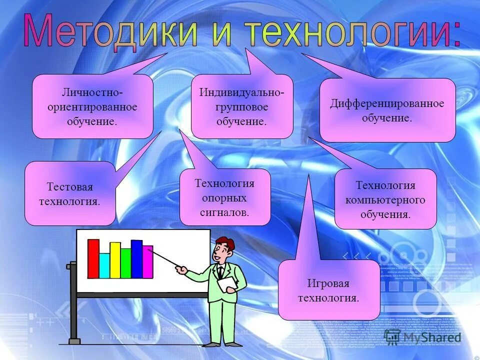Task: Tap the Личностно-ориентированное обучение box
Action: point(92,106)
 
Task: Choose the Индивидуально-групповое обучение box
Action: point(242,106)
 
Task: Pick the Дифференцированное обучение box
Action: point(387,110)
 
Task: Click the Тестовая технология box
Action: point(70,194)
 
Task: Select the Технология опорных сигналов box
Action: point(225,197)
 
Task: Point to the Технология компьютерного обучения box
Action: point(385,199)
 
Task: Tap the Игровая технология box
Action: point(328,290)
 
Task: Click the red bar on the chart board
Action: point(93,258)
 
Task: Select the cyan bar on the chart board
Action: point(104,265)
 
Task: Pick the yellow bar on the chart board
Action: point(115,260)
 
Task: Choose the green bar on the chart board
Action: point(126,263)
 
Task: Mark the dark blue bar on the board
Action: point(136,259)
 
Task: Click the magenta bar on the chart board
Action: point(147,262)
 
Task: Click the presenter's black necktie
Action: point(220,273)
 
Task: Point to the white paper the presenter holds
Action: point(227,284)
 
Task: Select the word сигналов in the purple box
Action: point(225,212)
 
